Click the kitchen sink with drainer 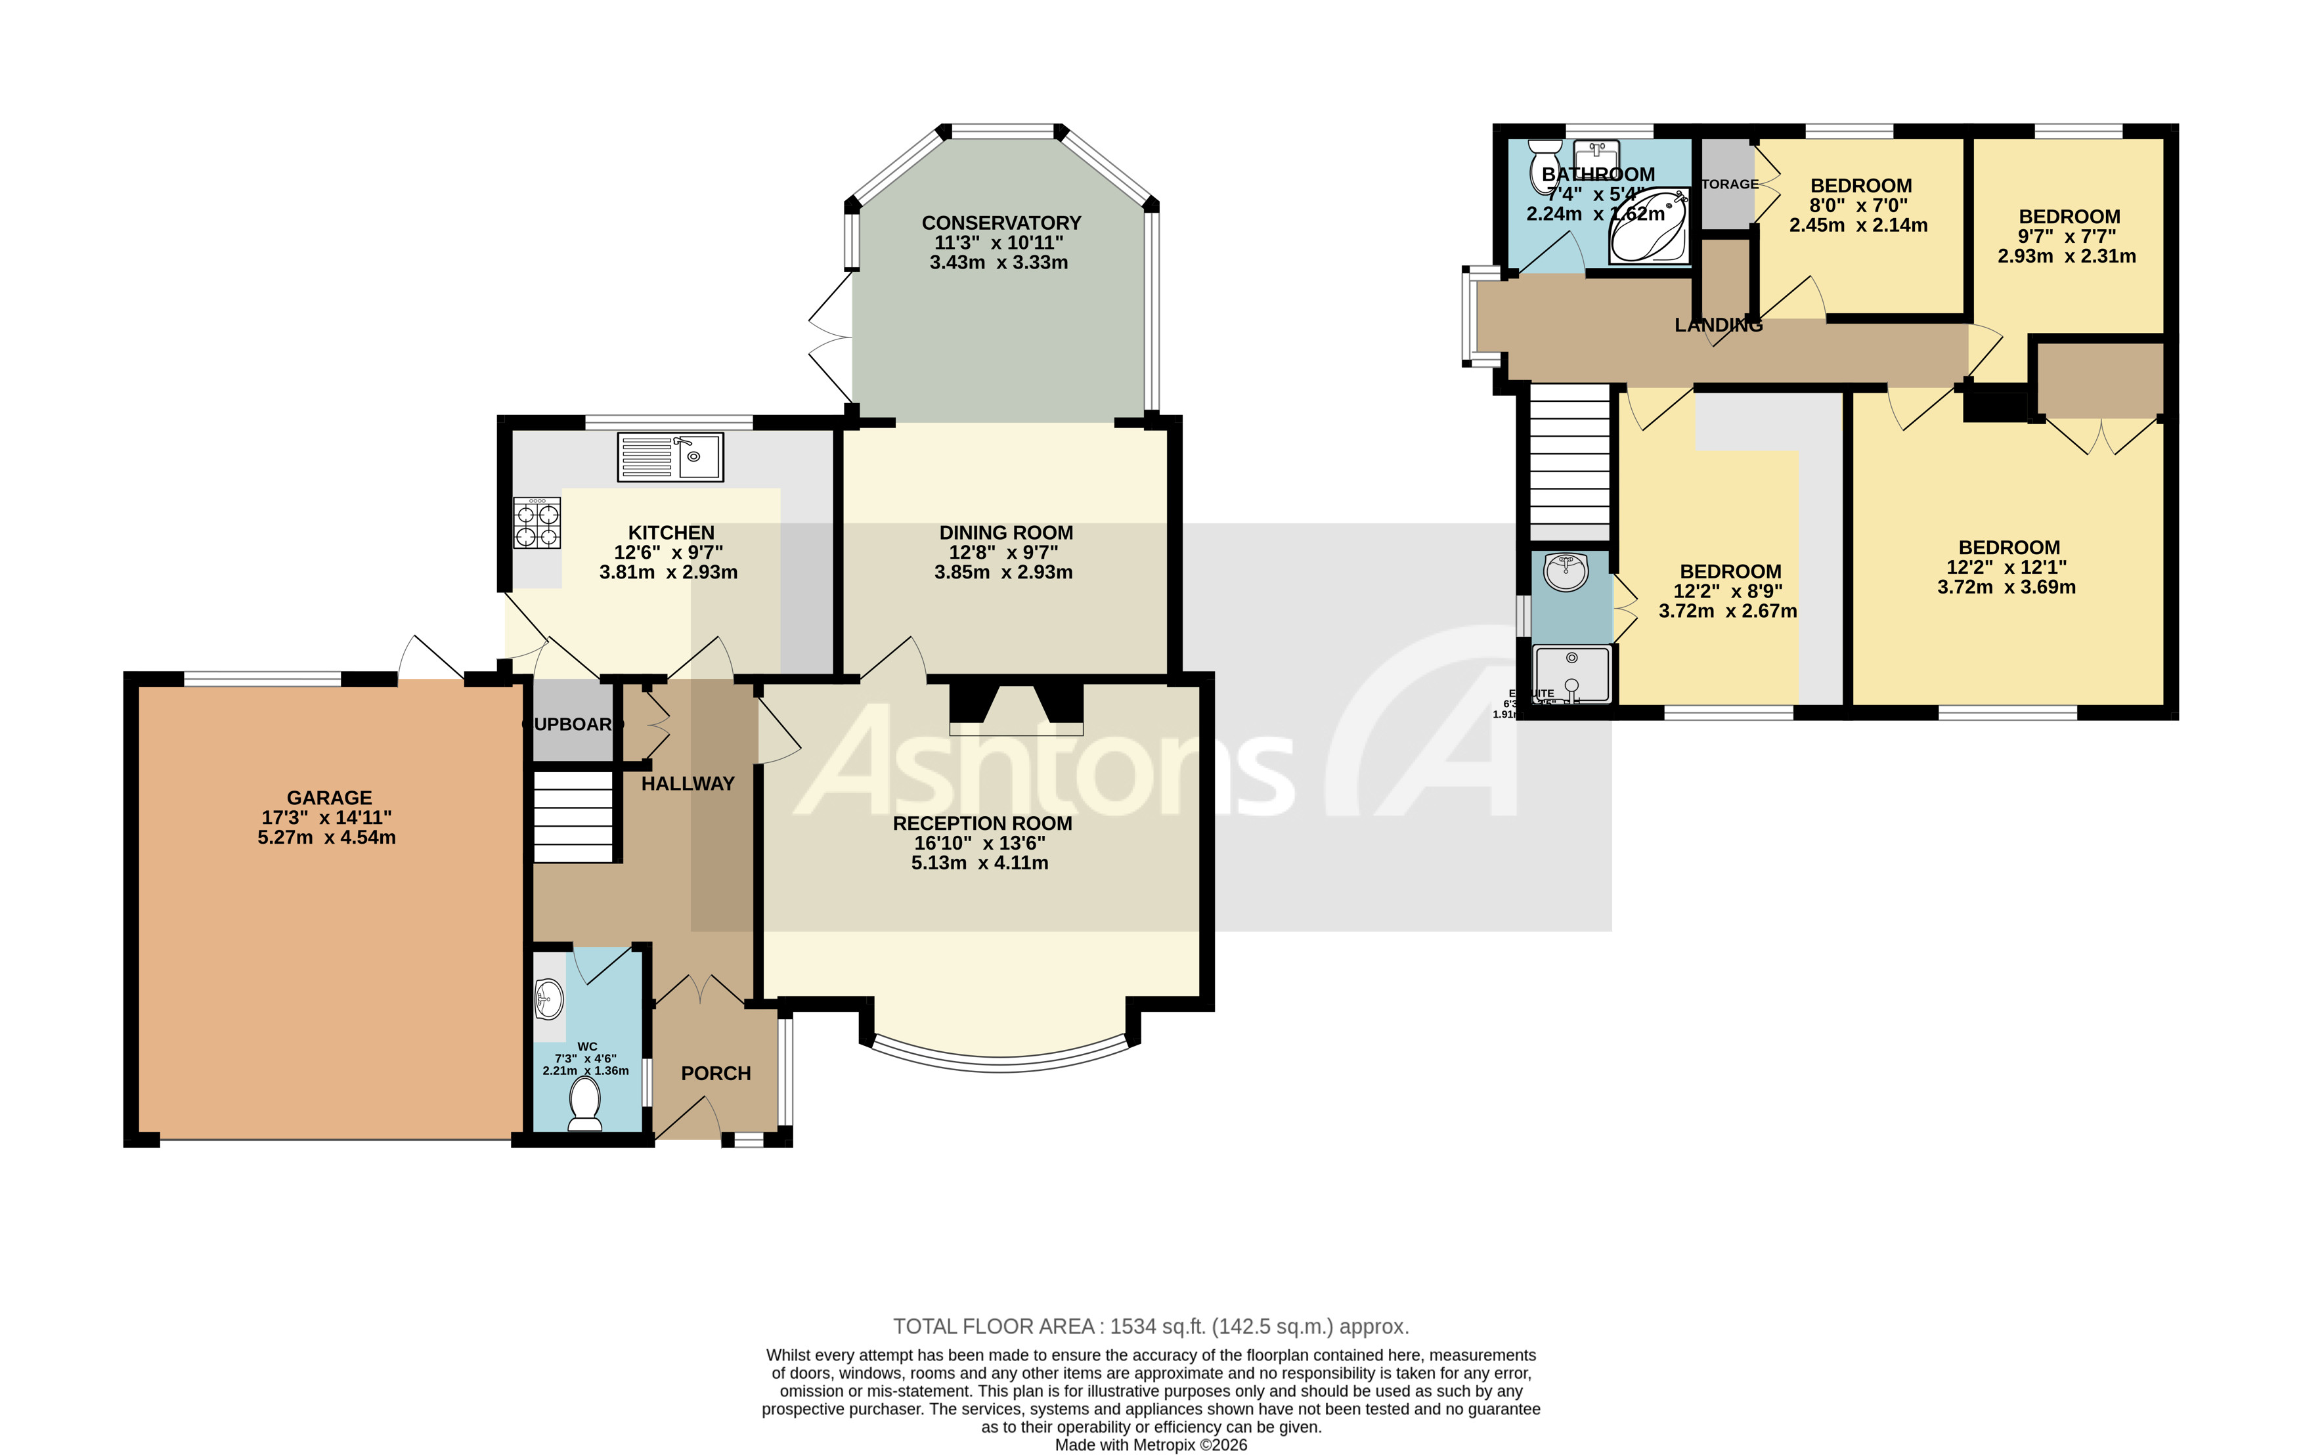coord(669,456)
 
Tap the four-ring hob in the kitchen coord(537,525)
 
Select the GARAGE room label coord(329,797)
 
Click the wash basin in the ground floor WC coord(549,999)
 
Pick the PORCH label coord(715,1074)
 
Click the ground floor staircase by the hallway coord(572,817)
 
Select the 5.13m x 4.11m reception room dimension coord(979,862)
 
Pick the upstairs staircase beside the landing coord(1570,464)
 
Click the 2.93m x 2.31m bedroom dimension coord(2066,256)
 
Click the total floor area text coord(1151,1327)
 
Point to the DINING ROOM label coord(1005,532)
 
